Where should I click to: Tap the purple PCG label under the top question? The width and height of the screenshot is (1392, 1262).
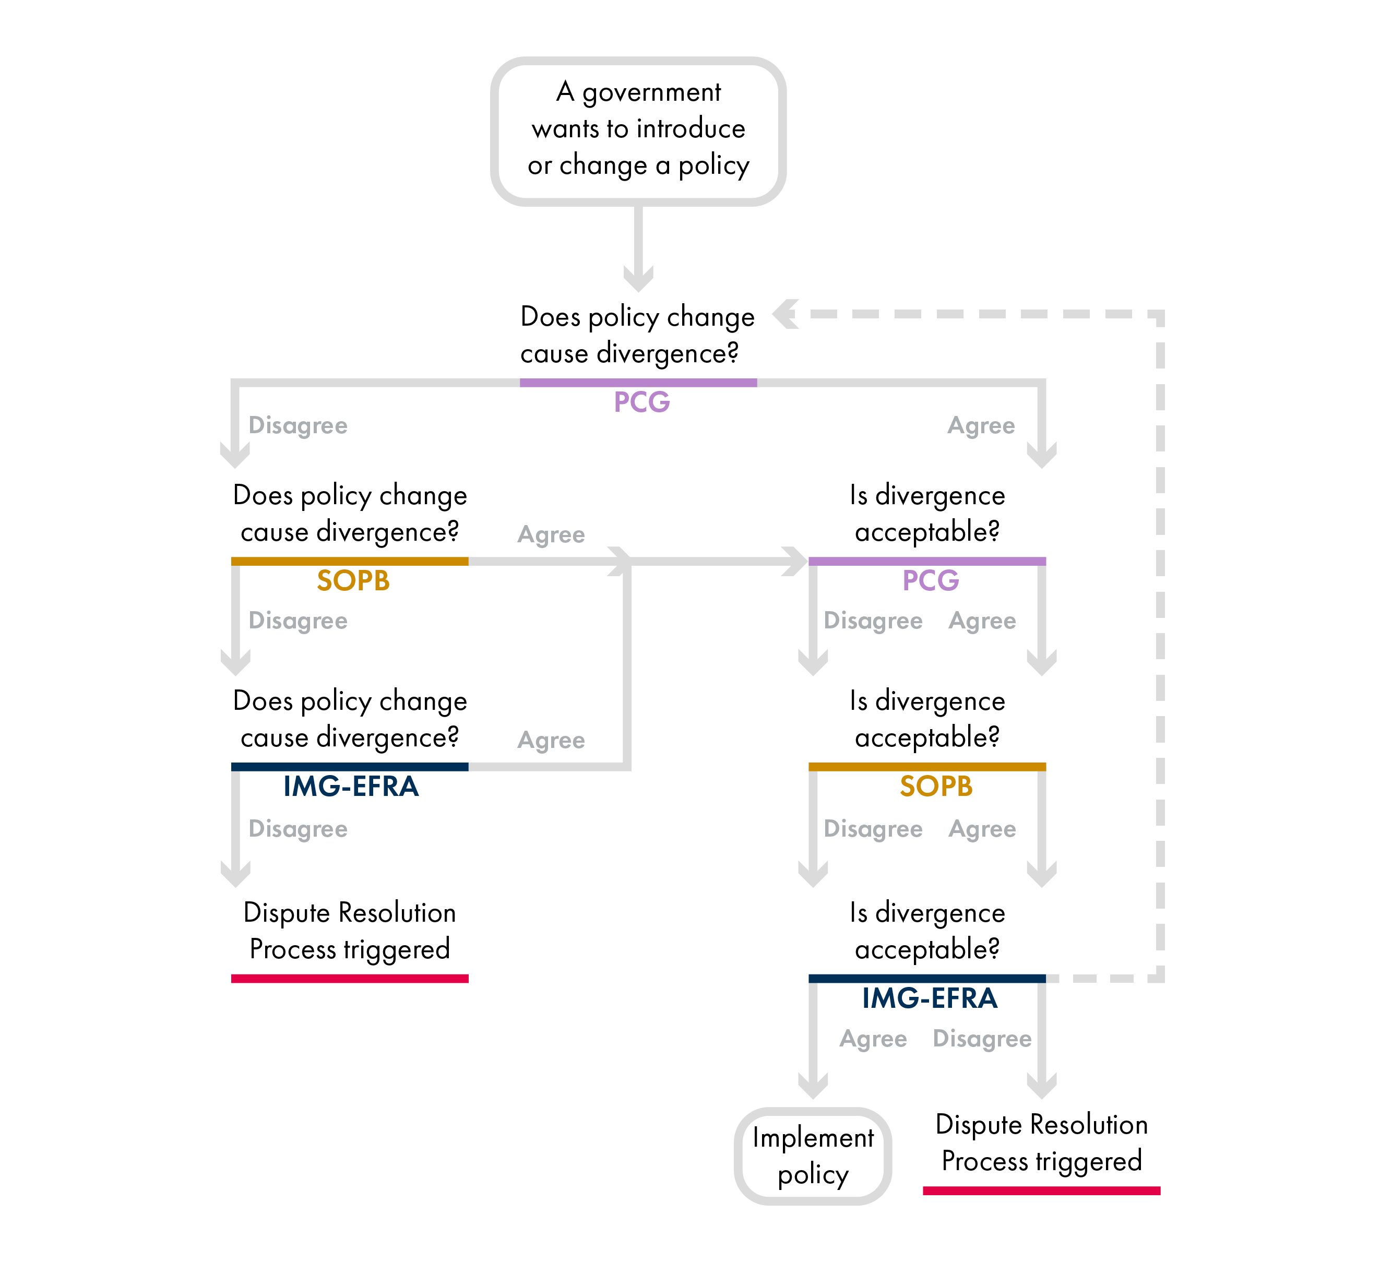pyautogui.click(x=641, y=402)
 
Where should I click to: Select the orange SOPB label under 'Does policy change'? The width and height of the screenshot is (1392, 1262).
pyautogui.click(x=353, y=580)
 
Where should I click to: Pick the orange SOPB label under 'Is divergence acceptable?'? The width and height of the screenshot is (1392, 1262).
pyautogui.click(x=936, y=787)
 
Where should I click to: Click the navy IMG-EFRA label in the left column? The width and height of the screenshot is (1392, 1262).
pyautogui.click(x=351, y=787)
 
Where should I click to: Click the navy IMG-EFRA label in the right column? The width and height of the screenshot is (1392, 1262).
pyautogui.click(x=930, y=998)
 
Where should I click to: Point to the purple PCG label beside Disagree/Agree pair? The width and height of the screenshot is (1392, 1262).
pyautogui.click(x=930, y=580)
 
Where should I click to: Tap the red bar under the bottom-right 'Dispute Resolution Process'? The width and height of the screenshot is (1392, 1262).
pyautogui.click(x=1041, y=1190)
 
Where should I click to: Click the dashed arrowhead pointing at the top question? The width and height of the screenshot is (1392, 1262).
pyautogui.click(x=786, y=314)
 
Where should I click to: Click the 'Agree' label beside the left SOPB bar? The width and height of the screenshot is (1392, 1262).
pyautogui.click(x=551, y=534)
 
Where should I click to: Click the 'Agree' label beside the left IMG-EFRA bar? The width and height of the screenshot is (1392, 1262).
pyautogui.click(x=551, y=740)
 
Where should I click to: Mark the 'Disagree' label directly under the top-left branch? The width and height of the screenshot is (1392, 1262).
pyautogui.click(x=298, y=425)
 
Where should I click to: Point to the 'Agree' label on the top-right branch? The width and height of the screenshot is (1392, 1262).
pyautogui.click(x=981, y=425)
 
